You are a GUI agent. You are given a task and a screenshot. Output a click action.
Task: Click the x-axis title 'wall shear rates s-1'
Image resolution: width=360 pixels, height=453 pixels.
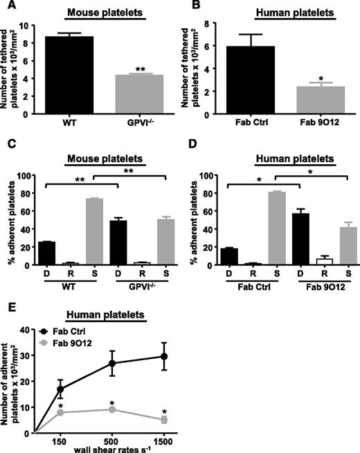coord(109,448)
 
